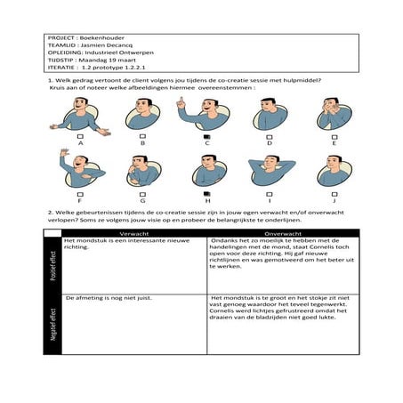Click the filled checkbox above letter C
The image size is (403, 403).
tap(206, 135)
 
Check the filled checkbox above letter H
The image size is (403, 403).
tap(206, 193)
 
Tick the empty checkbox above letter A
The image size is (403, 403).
tap(80, 135)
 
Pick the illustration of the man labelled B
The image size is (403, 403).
tap(142, 114)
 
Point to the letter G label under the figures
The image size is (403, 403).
tap(143, 201)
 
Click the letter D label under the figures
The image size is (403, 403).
tap(270, 142)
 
